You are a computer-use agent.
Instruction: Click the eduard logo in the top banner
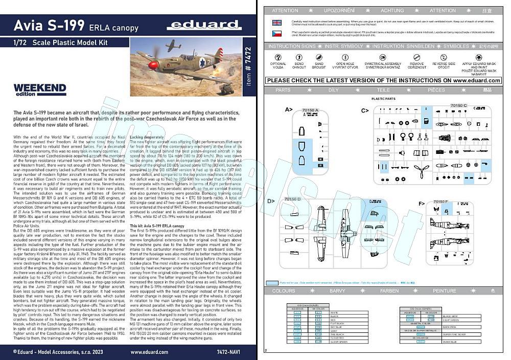pos(210,24)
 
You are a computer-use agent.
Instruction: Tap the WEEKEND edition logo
pos(40,89)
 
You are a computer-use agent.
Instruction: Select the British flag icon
pos(276,22)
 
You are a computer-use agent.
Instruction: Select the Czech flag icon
pos(276,33)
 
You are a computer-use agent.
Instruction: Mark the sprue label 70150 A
pos(310,110)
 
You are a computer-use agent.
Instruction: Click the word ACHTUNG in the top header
pos(392,10)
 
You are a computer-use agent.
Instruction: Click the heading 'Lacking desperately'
pos(147,138)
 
